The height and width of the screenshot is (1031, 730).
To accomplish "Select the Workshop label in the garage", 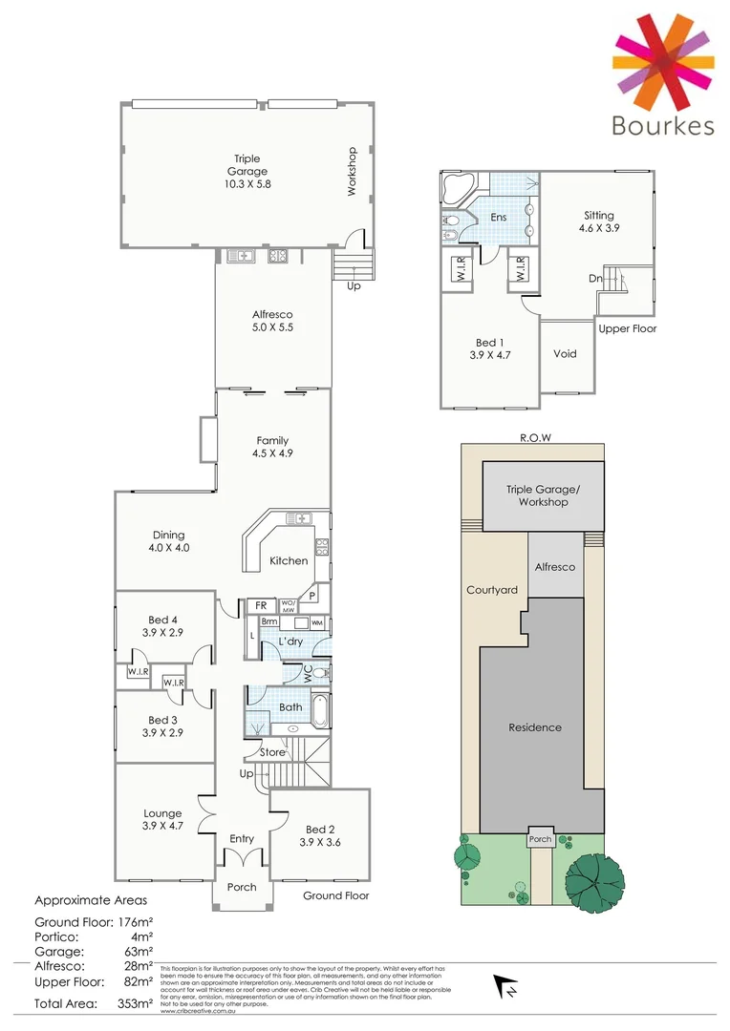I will click(x=351, y=171).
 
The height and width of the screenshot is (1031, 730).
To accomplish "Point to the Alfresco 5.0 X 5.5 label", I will click(x=272, y=320).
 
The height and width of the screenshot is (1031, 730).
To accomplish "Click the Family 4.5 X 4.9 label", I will click(x=272, y=447).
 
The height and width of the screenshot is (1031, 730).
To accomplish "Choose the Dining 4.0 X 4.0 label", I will click(x=168, y=541).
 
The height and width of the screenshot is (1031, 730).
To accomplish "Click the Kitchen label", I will click(x=289, y=560).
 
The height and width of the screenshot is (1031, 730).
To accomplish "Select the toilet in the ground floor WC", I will click(x=320, y=672).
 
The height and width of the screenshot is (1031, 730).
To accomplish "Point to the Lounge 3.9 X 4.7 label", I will click(x=161, y=820).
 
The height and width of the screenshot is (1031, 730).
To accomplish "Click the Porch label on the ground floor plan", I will click(x=242, y=887).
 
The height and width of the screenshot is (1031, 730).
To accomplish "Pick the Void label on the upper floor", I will click(x=565, y=353).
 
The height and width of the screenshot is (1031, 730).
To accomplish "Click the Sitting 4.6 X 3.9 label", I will click(x=599, y=221).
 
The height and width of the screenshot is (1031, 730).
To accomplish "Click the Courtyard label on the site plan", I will click(x=492, y=590).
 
